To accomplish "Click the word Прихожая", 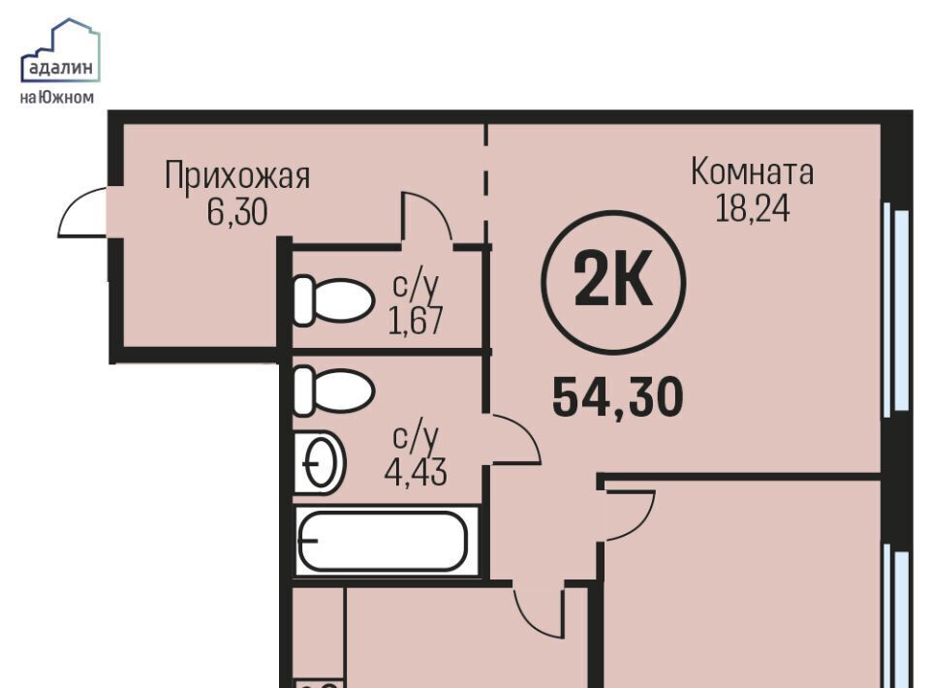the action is (x=237, y=175).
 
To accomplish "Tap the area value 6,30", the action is (x=237, y=212).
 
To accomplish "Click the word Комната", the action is (x=752, y=172).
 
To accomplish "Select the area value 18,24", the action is (x=752, y=208).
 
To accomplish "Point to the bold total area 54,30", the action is (x=617, y=397).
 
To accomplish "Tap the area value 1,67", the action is (x=416, y=321).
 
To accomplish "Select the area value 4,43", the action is (x=416, y=473).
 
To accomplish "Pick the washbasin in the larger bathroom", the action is (x=319, y=462).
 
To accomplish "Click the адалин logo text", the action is (x=60, y=68).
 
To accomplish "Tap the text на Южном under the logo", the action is (x=57, y=97).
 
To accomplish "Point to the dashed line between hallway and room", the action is (x=486, y=184).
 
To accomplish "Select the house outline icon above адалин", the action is (x=60, y=49).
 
